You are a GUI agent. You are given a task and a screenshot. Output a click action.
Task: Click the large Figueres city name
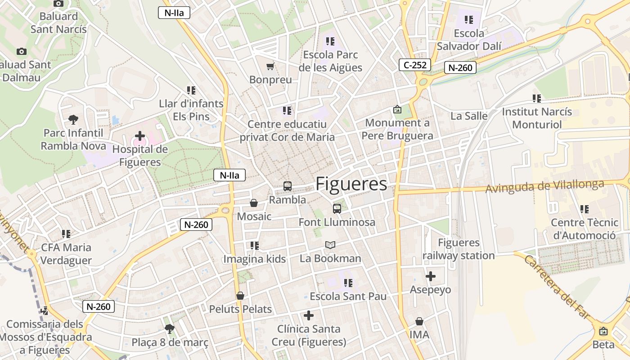pyautogui.click(x=351, y=184)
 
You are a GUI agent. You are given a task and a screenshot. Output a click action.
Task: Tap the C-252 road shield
pyautogui.click(x=415, y=65)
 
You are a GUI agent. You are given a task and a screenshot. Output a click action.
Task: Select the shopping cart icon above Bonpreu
pyautogui.click(x=270, y=67)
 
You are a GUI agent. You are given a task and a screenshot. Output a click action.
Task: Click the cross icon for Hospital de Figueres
pyautogui.click(x=140, y=135)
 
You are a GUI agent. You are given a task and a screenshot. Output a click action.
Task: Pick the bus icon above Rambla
pyautogui.click(x=287, y=186)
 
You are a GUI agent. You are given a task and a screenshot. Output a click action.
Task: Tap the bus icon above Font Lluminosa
pyautogui.click(x=337, y=208)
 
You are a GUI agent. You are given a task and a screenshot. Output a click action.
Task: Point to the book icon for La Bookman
pyautogui.click(x=330, y=245)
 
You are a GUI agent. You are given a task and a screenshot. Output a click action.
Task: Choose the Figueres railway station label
pyautogui.click(x=459, y=249)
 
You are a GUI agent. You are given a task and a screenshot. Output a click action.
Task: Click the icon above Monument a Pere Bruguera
pyautogui.click(x=397, y=109)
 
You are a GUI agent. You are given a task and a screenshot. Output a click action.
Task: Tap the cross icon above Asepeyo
pyautogui.click(x=430, y=276)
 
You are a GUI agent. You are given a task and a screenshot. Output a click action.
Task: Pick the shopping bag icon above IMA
pyautogui.click(x=419, y=321)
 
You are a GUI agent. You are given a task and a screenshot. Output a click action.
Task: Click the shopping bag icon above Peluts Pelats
pyautogui.click(x=240, y=296)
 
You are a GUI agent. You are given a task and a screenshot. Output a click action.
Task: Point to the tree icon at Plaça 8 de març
pyautogui.click(x=170, y=329)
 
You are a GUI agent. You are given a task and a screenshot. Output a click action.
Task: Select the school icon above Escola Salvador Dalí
pyautogui.click(x=469, y=20)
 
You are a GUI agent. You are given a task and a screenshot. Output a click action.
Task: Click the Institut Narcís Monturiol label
pyautogui.click(x=537, y=118)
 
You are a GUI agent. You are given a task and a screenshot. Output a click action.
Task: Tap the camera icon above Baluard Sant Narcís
pyautogui.click(x=58, y=4)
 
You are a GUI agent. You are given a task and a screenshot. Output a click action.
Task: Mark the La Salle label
pyautogui.click(x=469, y=116)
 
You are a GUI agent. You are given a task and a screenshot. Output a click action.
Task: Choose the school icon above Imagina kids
pyautogui.click(x=255, y=246)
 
